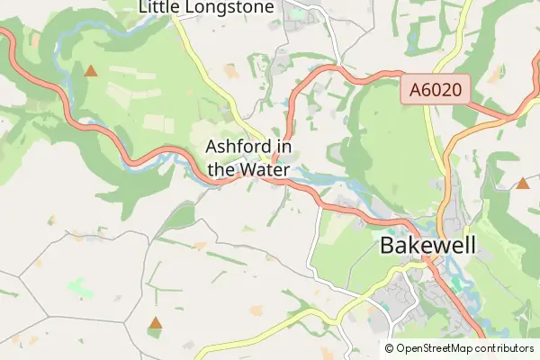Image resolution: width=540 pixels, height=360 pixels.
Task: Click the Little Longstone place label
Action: pos(206,7)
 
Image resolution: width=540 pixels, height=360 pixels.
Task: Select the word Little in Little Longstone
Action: pos(159,7)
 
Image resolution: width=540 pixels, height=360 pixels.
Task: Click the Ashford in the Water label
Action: pos(248,157)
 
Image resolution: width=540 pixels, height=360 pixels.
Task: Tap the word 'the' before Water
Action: pos(221,169)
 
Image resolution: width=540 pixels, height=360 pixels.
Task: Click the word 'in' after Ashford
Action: pos(283,146)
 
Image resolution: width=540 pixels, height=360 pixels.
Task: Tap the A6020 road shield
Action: pos(435,90)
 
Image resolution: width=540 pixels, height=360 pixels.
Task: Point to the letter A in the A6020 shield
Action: pos(416,90)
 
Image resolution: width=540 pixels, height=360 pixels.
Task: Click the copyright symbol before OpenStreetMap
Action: pos(390,348)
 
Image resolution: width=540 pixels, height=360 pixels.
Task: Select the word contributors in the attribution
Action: pos(505,348)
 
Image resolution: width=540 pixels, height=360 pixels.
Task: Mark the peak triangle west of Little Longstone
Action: pos(90,69)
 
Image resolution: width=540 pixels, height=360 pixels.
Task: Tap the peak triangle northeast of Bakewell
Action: pos(523,184)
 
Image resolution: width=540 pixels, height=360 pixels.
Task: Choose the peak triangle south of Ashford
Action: pos(156,322)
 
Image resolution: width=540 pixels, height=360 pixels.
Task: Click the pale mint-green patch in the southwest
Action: pos(79,288)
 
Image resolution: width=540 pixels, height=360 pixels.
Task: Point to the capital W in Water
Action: pos(247,169)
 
